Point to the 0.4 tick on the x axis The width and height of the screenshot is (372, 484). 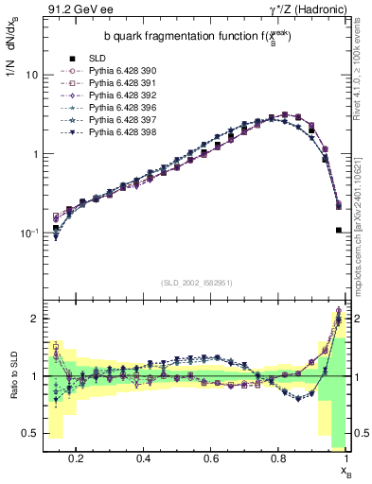144,458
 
